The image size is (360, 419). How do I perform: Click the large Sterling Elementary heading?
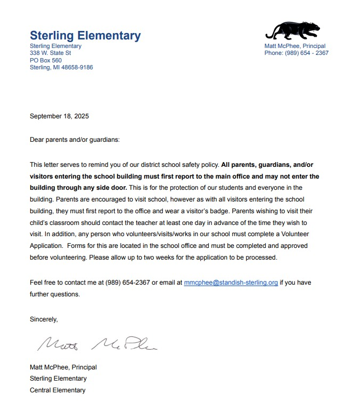(x=85, y=36)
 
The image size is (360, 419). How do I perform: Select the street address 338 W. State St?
(x=51, y=53)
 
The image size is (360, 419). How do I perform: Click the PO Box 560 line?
(x=46, y=60)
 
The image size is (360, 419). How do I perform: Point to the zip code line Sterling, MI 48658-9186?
(x=61, y=67)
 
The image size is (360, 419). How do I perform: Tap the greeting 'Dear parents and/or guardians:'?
(x=75, y=140)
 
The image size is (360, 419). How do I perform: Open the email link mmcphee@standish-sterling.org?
(x=231, y=283)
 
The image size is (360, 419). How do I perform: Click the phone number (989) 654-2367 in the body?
(x=128, y=283)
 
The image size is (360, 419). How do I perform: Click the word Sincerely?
(x=44, y=319)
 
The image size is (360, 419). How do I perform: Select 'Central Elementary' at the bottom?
(x=58, y=390)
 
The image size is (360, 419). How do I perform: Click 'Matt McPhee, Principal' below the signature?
(x=63, y=367)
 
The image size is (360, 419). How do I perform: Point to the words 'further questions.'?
(x=55, y=294)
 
